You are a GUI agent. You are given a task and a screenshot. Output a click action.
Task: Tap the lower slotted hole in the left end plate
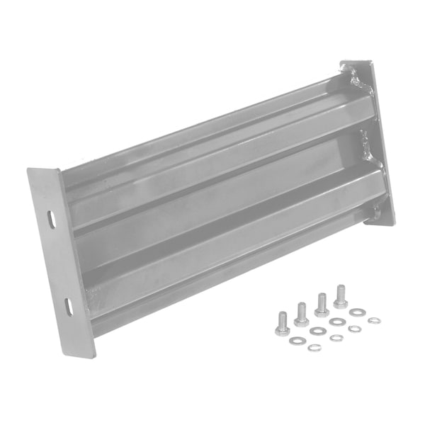[x=69, y=306]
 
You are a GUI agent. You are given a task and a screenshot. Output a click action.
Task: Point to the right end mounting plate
[x=368, y=142]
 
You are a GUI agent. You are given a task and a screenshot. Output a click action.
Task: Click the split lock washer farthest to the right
[x=374, y=321]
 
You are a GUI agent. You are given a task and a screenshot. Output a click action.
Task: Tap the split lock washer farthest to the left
[x=314, y=347]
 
